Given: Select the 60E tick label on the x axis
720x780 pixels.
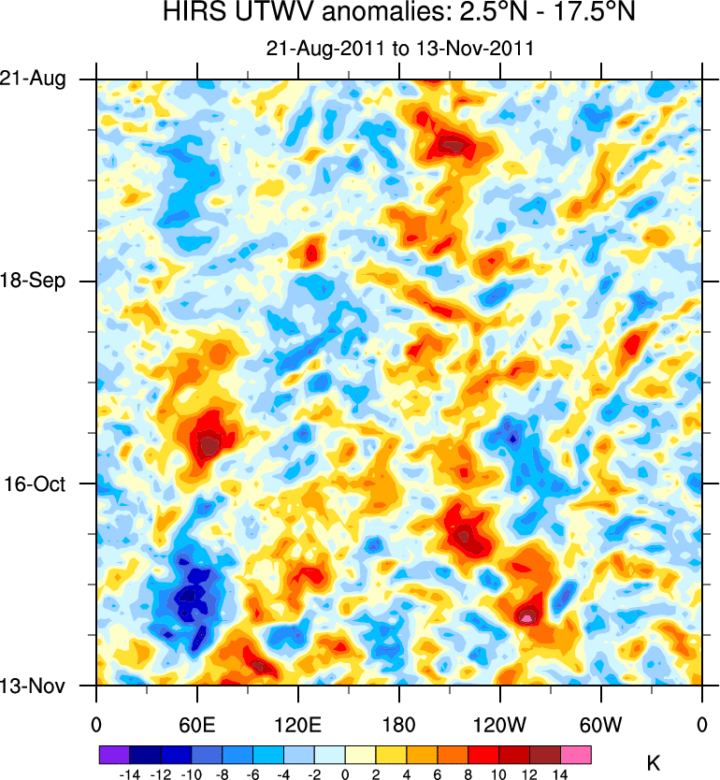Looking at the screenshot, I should [x=196, y=724].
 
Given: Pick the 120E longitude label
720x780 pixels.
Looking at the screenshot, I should [x=297, y=724].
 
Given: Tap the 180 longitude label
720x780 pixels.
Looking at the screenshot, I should [x=399, y=724].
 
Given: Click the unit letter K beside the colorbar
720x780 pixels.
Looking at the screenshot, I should [x=654, y=764].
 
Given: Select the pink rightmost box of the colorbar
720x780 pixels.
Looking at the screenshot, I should [x=576, y=754].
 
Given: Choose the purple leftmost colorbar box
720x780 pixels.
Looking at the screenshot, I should [x=114, y=754].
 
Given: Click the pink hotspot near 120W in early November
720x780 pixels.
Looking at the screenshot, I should [x=527, y=617].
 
